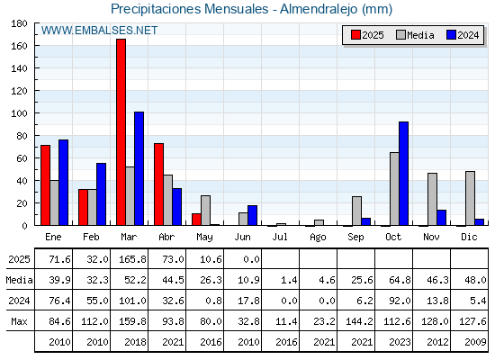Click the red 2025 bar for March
click(x=121, y=132)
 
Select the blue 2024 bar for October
click(x=404, y=174)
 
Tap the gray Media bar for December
click(x=470, y=198)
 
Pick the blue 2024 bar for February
click(x=101, y=194)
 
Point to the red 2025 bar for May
click(x=197, y=220)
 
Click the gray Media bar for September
click(x=356, y=211)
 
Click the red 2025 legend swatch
click(x=355, y=35)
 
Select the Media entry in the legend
click(x=415, y=35)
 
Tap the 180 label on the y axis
click(x=20, y=23)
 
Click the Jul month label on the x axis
click(x=280, y=237)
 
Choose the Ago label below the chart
click(x=318, y=238)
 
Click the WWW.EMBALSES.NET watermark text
click(x=99, y=31)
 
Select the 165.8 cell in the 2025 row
click(x=132, y=259)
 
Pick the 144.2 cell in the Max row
click(x=359, y=321)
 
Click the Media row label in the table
click(x=19, y=280)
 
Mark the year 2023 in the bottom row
click(x=400, y=342)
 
